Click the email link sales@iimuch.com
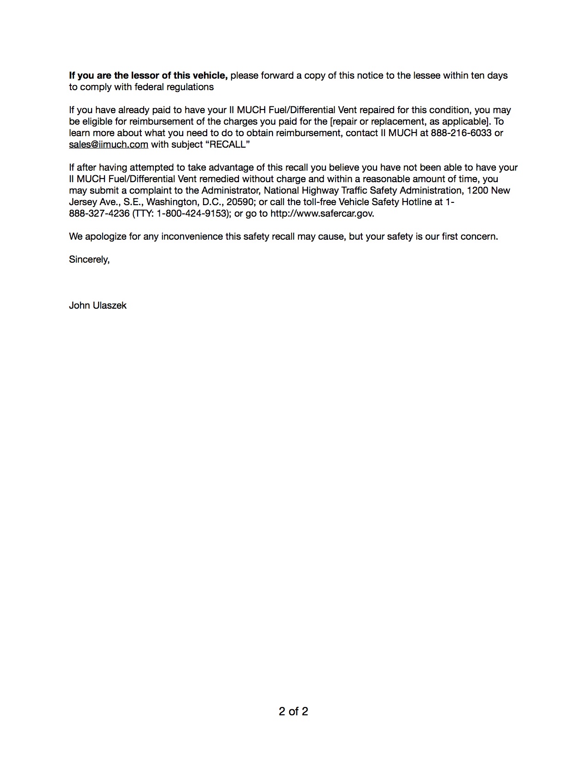click(x=109, y=144)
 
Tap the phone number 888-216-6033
click(x=461, y=133)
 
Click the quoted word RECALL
click(x=227, y=144)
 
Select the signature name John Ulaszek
click(x=98, y=305)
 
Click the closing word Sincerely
click(x=89, y=259)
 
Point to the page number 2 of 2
click(x=293, y=712)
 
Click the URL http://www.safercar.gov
click(x=322, y=213)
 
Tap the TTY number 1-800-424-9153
click(x=193, y=213)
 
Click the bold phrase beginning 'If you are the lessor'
click(x=148, y=75)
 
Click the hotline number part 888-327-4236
click(x=99, y=213)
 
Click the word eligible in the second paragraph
click(x=97, y=121)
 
